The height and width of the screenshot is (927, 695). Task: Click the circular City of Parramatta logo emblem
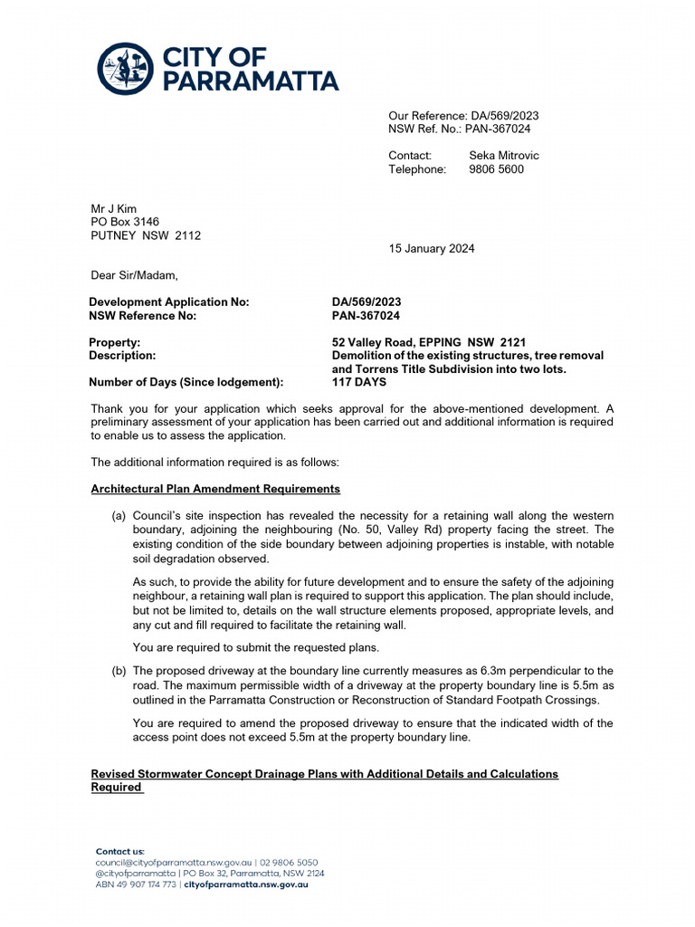125,68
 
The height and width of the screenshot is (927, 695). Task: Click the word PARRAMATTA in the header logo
251,81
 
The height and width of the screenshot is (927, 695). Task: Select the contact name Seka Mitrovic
503,156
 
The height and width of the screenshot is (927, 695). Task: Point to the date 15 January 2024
432,249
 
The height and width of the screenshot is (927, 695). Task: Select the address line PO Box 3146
126,222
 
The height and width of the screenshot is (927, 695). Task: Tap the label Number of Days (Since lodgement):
186,382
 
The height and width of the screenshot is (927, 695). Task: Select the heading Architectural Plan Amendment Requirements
215,489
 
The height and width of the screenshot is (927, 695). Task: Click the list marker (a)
119,515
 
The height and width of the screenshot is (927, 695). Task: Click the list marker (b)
119,671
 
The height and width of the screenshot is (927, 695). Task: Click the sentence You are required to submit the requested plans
243,647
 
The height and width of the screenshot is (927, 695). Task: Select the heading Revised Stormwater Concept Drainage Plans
324,774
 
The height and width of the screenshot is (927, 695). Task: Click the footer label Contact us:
120,852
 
